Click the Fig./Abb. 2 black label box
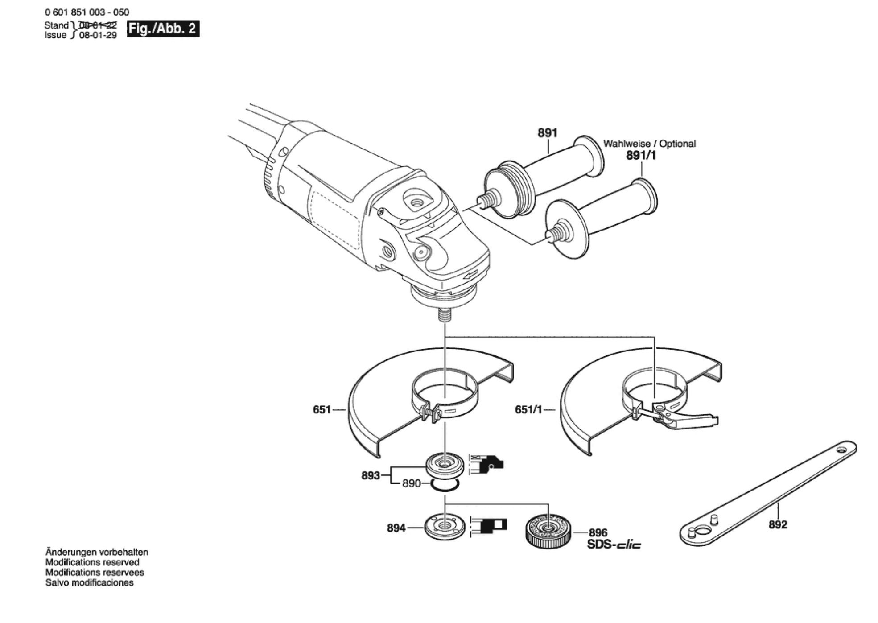point(163,29)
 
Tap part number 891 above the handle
point(547,133)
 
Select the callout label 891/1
point(641,156)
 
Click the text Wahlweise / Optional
point(649,144)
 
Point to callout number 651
point(322,409)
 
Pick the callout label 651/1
point(528,409)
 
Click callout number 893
point(371,476)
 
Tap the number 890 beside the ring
point(411,483)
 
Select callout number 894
point(396,528)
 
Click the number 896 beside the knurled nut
point(598,532)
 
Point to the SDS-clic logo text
point(614,545)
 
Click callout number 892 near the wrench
point(778,524)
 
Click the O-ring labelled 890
point(445,485)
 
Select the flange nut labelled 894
point(445,527)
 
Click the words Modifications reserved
point(92,562)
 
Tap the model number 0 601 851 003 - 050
point(87,12)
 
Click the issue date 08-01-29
point(98,35)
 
